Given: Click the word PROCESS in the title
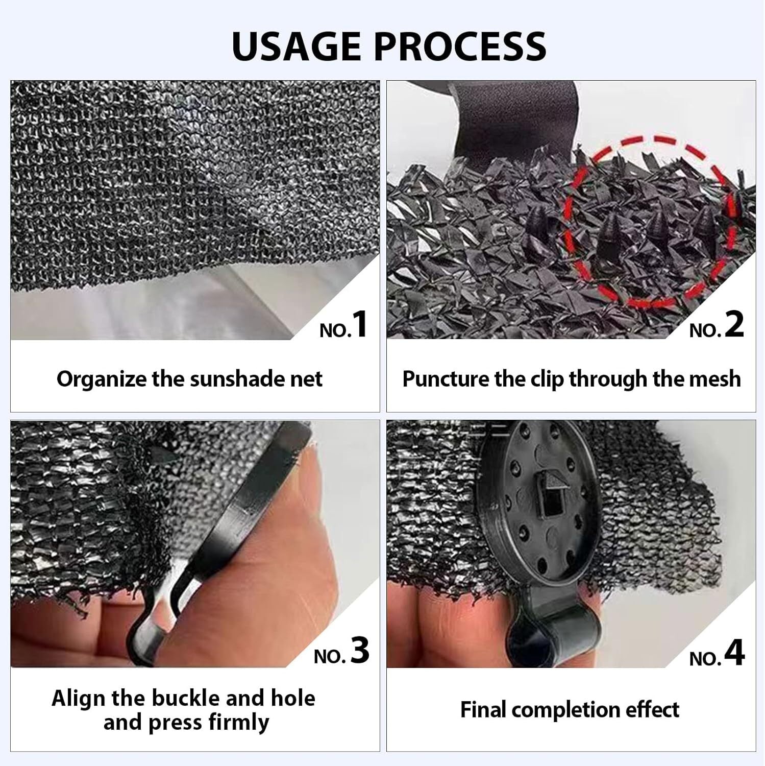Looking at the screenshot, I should [x=460, y=46].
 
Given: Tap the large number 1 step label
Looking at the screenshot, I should [x=360, y=324].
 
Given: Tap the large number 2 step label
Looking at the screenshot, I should [x=734, y=324].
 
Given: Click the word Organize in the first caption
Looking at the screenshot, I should [x=101, y=379].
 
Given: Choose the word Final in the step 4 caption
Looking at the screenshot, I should [x=483, y=710].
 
